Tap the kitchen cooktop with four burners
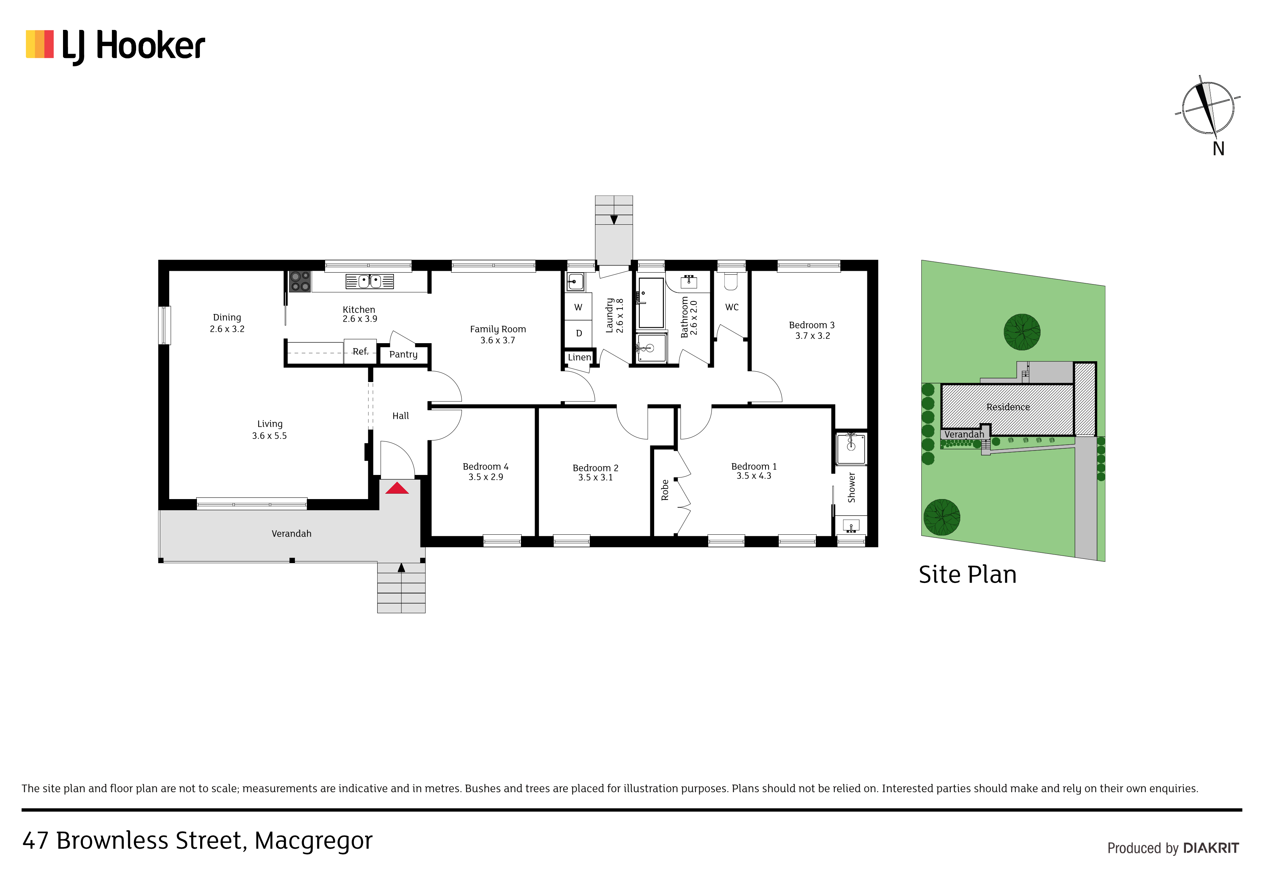(x=300, y=281)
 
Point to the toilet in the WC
(x=731, y=281)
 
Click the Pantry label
(x=403, y=354)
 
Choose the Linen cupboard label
(x=579, y=357)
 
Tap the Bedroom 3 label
(x=812, y=325)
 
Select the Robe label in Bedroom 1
(x=665, y=490)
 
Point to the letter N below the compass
(x=1218, y=149)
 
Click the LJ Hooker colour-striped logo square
(x=40, y=44)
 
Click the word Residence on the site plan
(x=1008, y=407)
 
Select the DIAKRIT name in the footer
(x=1211, y=848)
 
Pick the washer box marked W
(x=578, y=308)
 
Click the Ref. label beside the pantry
(x=360, y=351)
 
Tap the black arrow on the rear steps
(x=614, y=220)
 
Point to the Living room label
(x=270, y=424)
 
